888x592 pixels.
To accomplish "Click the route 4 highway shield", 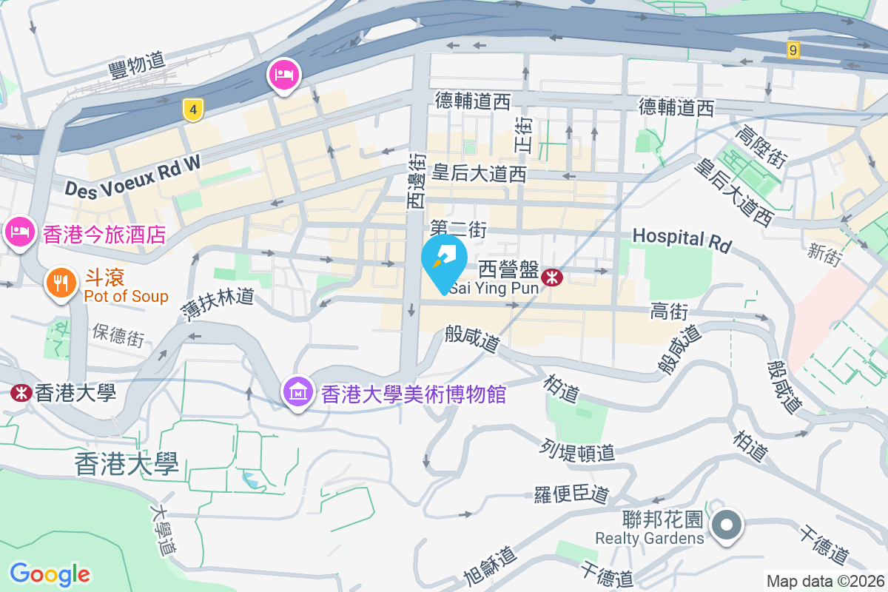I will click(x=193, y=111).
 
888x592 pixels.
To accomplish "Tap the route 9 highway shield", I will click(x=793, y=50).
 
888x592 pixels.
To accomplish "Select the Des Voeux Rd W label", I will click(x=132, y=175).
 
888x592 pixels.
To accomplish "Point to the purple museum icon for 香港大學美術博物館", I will click(x=297, y=392).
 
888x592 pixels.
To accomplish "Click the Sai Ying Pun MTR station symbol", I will click(x=551, y=277).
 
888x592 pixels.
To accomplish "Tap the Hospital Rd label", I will click(x=682, y=238).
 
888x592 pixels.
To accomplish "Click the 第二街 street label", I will click(x=458, y=229).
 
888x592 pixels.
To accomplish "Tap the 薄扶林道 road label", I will click(x=218, y=305).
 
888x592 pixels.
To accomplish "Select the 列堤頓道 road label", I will click(x=578, y=450).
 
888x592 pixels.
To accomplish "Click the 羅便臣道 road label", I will click(x=571, y=494).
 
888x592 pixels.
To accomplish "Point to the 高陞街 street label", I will click(x=760, y=147).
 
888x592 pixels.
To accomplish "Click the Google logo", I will click(x=50, y=573).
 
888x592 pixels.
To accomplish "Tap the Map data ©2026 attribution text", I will click(x=824, y=581).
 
